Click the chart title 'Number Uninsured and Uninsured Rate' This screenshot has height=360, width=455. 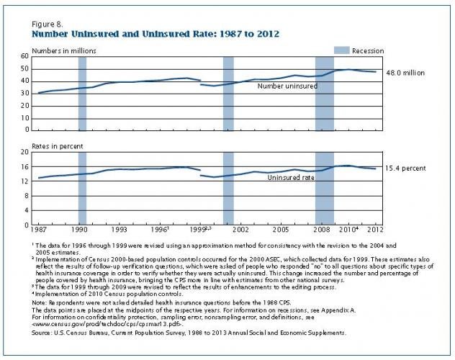[x=154, y=34]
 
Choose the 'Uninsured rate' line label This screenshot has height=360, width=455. [x=289, y=177]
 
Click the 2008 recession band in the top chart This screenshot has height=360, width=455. [x=325, y=94]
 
